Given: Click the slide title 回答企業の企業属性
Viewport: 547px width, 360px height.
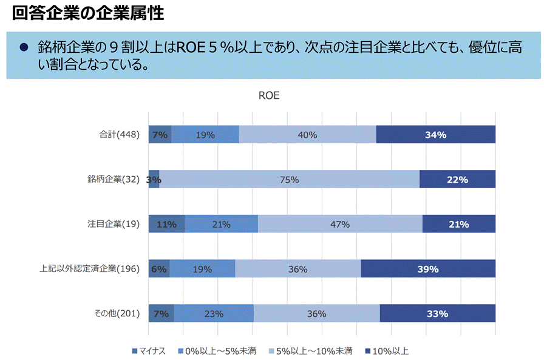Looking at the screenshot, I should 88,13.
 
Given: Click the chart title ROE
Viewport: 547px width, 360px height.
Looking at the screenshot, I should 269,96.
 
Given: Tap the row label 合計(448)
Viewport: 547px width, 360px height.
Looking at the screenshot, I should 119,135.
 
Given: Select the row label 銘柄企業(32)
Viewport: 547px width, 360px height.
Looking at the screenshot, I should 114,179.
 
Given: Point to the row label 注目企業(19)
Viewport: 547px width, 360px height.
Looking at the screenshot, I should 114,224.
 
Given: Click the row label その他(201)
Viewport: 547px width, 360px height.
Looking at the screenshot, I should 117,314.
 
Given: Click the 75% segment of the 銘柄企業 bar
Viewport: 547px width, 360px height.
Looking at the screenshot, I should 289,179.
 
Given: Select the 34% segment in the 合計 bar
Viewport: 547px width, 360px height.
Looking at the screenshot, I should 435,135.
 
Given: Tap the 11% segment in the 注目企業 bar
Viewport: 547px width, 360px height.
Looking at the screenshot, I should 166,224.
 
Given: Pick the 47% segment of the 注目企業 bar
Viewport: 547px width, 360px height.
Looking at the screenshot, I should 340,224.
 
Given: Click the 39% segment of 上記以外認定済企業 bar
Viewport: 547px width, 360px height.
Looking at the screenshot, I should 428,269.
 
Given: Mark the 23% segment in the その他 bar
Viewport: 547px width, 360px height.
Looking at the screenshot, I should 214,314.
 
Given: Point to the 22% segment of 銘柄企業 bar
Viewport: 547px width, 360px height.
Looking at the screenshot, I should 457,179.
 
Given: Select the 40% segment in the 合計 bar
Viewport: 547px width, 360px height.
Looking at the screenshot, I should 307,135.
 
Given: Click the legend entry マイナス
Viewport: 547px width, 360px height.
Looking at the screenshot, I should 149,351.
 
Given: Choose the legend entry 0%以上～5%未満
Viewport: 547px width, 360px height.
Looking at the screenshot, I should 217,351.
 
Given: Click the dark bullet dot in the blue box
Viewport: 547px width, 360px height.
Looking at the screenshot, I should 24,48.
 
